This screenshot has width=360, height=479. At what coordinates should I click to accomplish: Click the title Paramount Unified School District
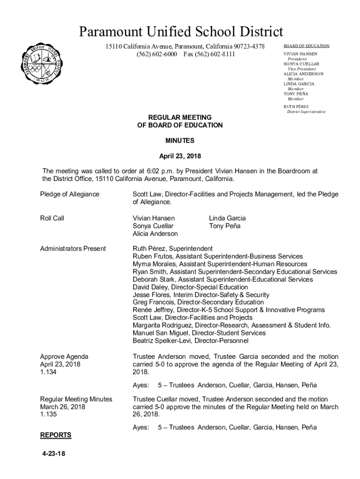tap(180, 32)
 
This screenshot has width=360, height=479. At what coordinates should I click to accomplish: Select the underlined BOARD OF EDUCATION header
tap(306, 46)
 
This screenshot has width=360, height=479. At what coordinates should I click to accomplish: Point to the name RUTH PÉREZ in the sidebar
tap(296, 107)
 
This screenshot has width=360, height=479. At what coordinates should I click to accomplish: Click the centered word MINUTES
tap(180, 140)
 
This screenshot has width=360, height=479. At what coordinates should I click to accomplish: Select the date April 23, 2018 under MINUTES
tap(180, 156)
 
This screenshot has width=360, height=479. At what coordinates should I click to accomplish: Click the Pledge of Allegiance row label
tap(70, 194)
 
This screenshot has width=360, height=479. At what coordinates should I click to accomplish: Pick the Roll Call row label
tap(52, 218)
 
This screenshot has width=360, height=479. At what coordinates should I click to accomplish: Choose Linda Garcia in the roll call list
tap(227, 218)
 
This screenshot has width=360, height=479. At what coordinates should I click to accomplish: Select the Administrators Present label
tap(73, 248)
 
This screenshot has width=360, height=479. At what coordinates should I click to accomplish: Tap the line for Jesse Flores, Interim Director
tap(201, 295)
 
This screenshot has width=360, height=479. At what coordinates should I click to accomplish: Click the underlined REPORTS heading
tap(56, 435)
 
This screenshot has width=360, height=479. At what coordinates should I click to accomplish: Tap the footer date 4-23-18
tap(52, 453)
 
